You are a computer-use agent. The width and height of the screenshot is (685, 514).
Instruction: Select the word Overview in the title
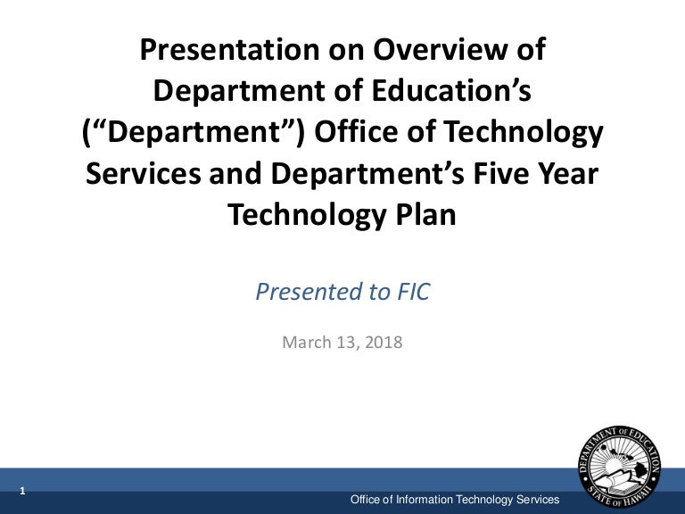coord(441,49)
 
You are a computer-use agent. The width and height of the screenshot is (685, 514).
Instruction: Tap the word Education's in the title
coord(451,90)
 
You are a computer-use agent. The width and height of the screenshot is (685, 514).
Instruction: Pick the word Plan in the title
coord(426,214)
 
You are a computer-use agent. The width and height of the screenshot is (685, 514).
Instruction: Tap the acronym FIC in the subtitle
coord(413,292)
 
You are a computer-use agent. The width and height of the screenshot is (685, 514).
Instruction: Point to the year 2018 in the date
coord(384,342)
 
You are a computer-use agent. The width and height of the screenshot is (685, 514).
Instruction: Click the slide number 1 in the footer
coord(22,491)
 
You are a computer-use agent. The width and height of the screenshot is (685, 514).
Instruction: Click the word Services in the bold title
coord(144,173)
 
